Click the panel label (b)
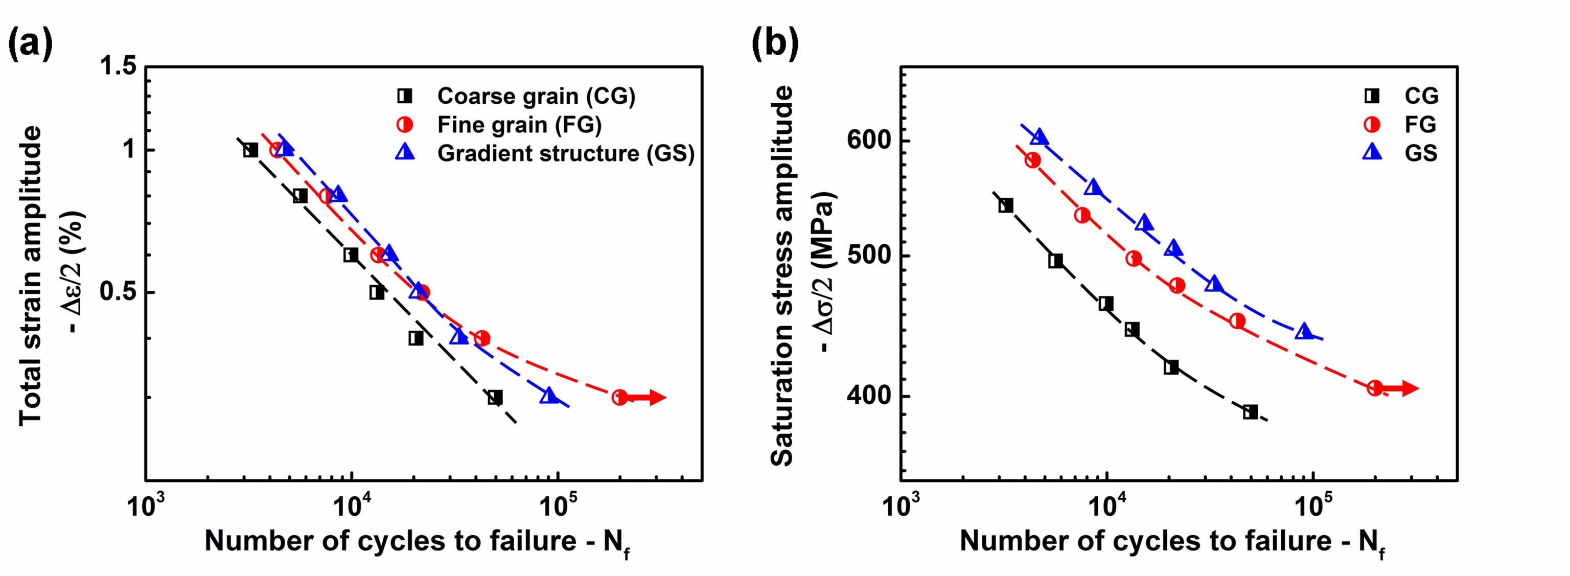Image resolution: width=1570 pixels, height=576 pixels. [775, 45]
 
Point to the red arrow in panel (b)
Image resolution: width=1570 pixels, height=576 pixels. [1402, 388]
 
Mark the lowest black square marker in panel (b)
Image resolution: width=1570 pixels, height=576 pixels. [1251, 412]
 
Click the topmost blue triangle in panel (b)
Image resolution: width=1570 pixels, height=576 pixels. [1039, 137]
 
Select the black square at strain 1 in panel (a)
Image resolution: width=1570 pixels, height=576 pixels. [250, 150]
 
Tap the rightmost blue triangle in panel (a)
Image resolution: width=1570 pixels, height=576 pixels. [549, 396]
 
